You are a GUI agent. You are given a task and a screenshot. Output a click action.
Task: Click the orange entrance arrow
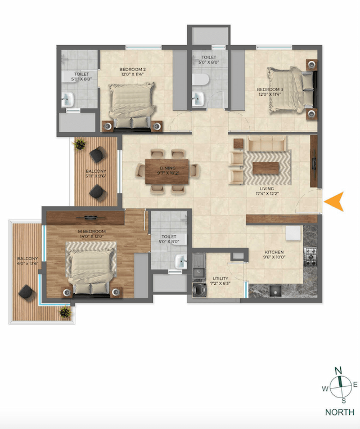click(x=335, y=202)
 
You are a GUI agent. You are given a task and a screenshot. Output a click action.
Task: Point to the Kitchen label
click(x=274, y=252)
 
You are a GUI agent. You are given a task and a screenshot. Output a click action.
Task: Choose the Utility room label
click(x=220, y=278)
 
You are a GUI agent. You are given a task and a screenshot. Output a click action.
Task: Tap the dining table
click(x=168, y=171)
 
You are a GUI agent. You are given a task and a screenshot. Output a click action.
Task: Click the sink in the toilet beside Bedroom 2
click(x=68, y=100)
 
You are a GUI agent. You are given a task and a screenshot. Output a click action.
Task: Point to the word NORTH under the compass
click(x=339, y=412)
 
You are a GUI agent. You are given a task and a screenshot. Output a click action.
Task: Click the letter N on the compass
click(x=339, y=370)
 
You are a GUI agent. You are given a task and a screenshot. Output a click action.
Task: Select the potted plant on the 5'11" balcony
click(x=79, y=145)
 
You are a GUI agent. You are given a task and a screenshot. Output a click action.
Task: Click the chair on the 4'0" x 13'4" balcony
click(x=26, y=292)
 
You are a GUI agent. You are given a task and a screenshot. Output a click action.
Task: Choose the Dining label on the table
click(x=168, y=168)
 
